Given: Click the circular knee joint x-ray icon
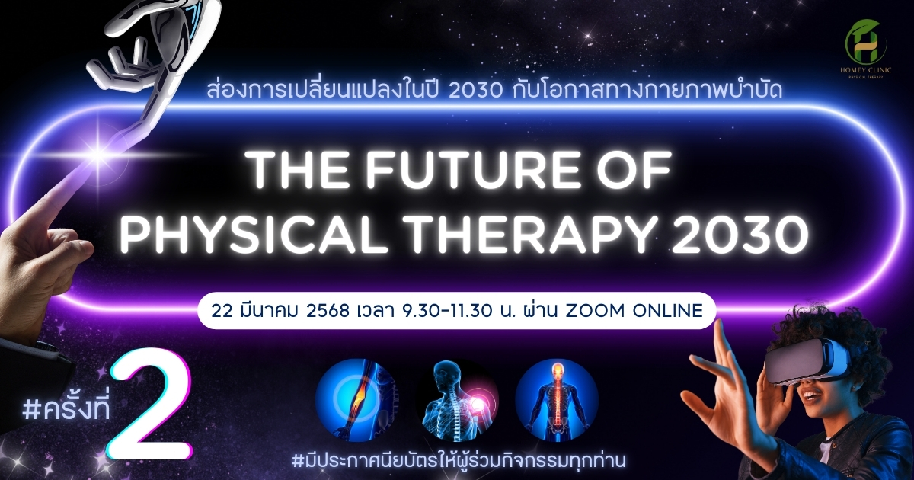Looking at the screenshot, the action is coord(357,399).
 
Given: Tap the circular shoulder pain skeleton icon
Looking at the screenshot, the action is coord(457,399).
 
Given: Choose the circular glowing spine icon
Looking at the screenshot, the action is coord(557,399).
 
